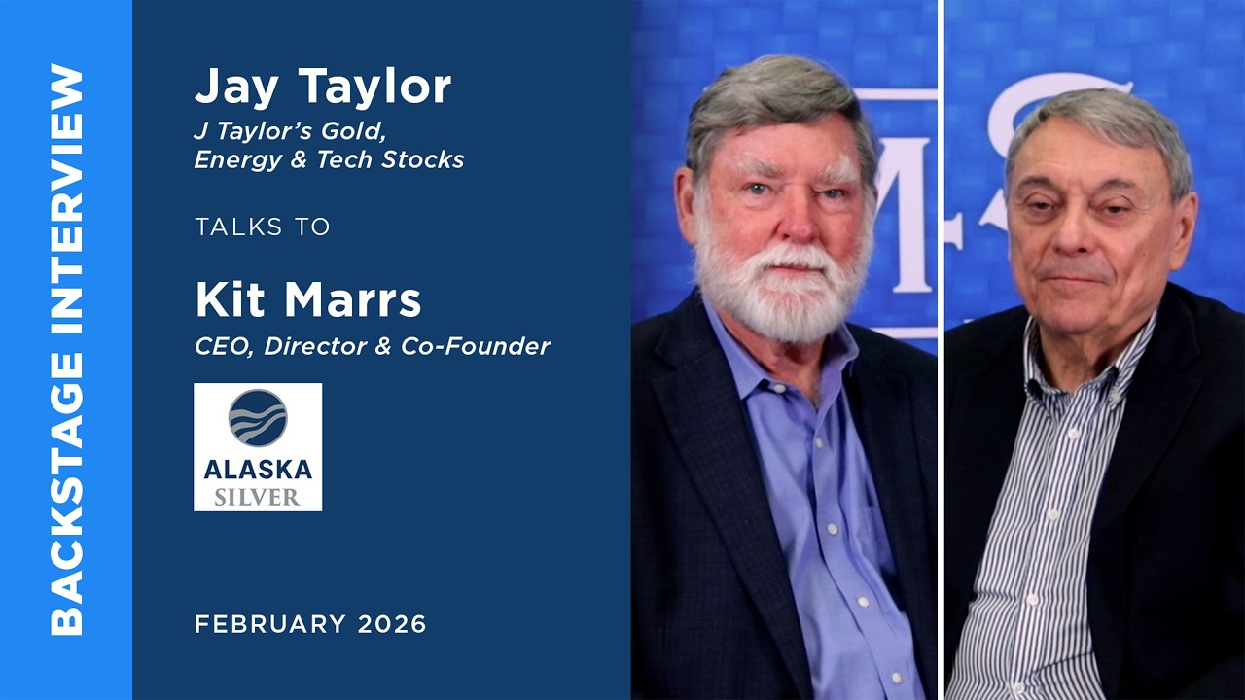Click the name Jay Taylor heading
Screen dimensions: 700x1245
point(322,87)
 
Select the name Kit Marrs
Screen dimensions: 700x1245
point(307,300)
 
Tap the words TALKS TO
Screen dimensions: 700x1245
point(262,227)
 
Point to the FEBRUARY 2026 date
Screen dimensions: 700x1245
point(310,624)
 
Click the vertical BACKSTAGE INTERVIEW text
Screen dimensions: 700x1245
point(66,350)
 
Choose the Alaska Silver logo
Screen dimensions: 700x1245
point(258,446)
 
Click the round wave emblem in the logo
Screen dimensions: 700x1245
point(258,418)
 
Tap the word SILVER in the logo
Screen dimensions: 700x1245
point(258,496)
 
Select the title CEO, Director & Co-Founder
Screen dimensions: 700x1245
point(372,345)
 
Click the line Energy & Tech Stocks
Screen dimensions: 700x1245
point(329,159)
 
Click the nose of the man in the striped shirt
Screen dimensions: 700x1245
point(1077,238)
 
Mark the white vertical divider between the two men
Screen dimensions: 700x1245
point(941,350)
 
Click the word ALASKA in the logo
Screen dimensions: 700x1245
point(258,470)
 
